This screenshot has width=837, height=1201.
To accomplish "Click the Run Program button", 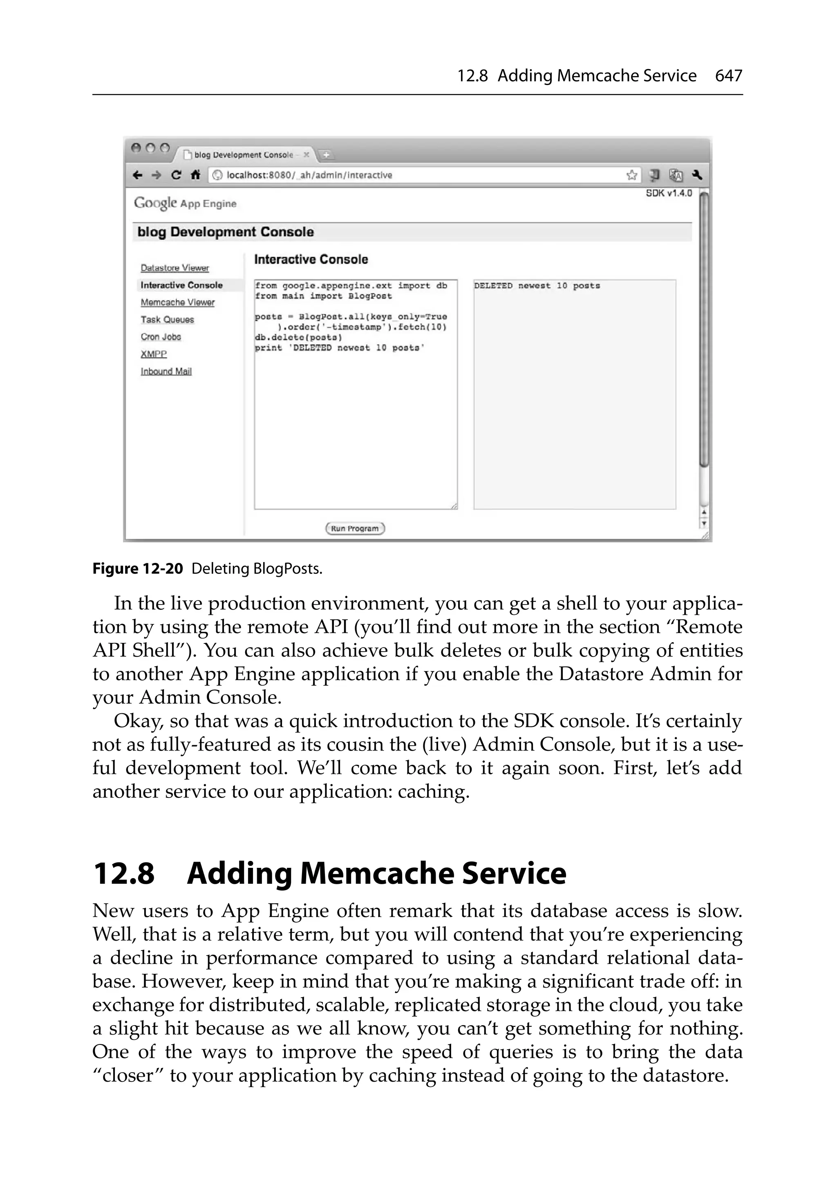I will (355, 528).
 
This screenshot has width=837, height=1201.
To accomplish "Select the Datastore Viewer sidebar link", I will (175, 268).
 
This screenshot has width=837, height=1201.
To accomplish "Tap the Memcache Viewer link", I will (177, 302).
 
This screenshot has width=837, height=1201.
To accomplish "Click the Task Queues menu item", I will (167, 320).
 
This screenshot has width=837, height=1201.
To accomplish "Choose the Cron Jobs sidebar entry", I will (161, 337).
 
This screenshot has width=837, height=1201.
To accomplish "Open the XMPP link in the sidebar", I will (153, 354).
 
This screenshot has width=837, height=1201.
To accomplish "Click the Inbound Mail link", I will (166, 372).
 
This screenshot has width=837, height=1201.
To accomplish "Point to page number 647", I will (728, 76).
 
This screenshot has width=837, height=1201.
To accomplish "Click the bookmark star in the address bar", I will (631, 175).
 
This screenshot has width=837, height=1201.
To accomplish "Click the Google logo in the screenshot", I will (155, 203).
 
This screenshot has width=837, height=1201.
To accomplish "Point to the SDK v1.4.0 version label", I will (669, 193).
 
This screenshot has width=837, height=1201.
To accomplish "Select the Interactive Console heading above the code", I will (311, 260).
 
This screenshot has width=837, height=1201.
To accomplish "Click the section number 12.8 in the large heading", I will (124, 874).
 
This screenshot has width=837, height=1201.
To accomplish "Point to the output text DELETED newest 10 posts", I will (537, 286).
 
